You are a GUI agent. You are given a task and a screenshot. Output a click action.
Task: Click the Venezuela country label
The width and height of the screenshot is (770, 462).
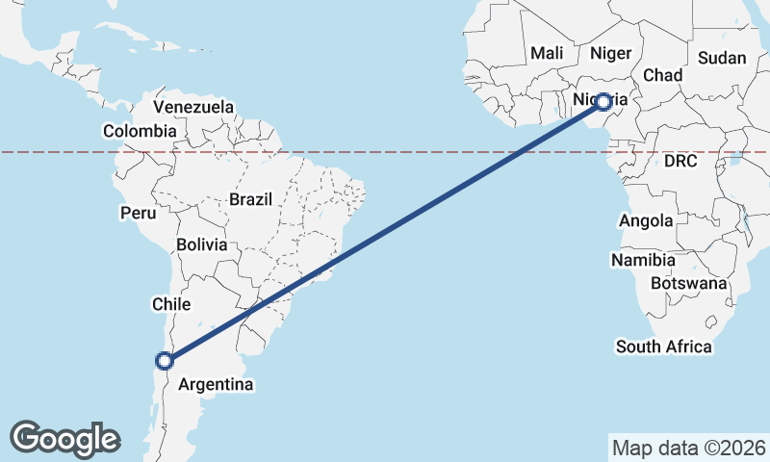(x=193, y=107)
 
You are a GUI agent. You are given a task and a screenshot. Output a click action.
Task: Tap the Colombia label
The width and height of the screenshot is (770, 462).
(x=140, y=131)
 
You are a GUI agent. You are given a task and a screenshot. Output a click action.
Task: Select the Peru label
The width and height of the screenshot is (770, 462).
(x=138, y=212)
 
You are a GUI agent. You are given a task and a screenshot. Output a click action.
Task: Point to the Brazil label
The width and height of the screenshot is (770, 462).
(x=251, y=199)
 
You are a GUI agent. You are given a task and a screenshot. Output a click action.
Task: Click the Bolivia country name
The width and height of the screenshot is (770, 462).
(x=202, y=244)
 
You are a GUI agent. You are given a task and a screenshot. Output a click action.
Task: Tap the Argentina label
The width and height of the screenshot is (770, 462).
(x=217, y=385)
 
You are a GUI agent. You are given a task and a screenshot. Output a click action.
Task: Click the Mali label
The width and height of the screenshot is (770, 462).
(x=546, y=53)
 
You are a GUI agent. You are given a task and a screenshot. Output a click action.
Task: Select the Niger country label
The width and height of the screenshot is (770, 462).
(x=609, y=53)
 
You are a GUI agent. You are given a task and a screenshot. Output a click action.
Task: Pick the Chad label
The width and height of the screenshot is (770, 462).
(x=662, y=75)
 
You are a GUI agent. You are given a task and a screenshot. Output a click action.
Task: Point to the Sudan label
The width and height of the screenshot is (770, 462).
(x=722, y=58)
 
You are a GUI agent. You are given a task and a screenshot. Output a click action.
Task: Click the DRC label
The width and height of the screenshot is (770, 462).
(x=680, y=161)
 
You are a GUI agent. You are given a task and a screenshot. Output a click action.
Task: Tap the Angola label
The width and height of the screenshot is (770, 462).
(x=646, y=220)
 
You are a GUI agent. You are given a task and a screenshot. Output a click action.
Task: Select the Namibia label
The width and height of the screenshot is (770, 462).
(x=643, y=260)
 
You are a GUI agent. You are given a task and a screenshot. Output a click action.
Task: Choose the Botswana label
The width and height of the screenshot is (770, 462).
(x=688, y=284)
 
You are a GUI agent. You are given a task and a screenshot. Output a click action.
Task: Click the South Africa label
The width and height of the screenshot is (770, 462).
(x=664, y=346)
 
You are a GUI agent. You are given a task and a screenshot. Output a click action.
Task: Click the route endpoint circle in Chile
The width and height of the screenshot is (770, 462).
(x=165, y=361)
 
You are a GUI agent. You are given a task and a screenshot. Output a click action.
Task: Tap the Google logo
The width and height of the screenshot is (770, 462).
(x=64, y=439)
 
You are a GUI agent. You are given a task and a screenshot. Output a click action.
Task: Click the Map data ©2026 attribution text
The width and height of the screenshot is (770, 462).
(x=688, y=448)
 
